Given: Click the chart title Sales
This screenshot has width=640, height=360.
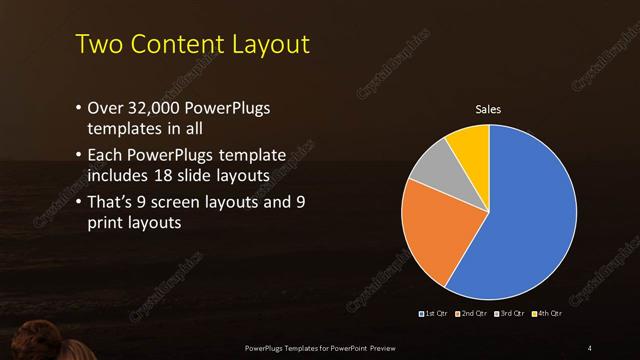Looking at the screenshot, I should tap(488, 110).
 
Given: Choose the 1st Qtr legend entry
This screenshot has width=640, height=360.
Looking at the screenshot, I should tap(434, 314).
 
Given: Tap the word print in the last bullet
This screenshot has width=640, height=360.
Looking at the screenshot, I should tap(108, 224).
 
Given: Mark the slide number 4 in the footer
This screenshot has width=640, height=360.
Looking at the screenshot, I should tap(589, 347).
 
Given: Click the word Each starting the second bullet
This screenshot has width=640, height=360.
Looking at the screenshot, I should tap(107, 156).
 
